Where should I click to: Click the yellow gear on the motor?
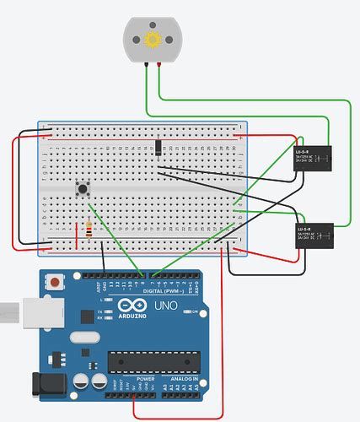tap(153, 40)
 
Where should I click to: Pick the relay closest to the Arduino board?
tap(314, 236)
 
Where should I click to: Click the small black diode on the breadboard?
tap(158, 147)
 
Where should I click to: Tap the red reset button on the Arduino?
tap(56, 282)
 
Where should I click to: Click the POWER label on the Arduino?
tap(145, 380)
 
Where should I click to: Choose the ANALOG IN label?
tap(185, 380)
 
